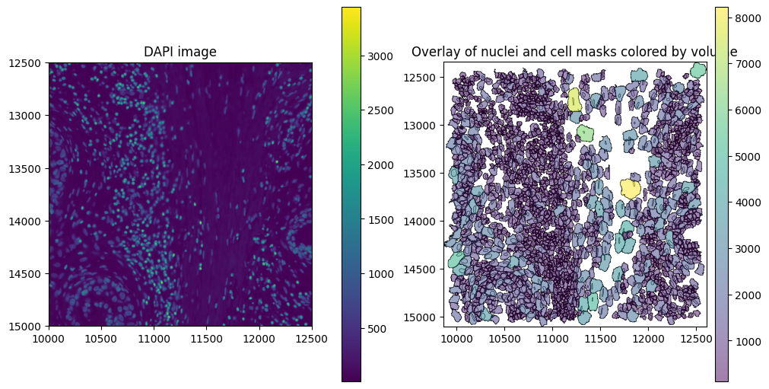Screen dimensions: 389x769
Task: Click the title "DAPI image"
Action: coord(180,52)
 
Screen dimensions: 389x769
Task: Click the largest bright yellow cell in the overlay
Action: coord(630,187)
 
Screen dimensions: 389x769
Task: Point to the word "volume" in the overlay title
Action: coord(717,52)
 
